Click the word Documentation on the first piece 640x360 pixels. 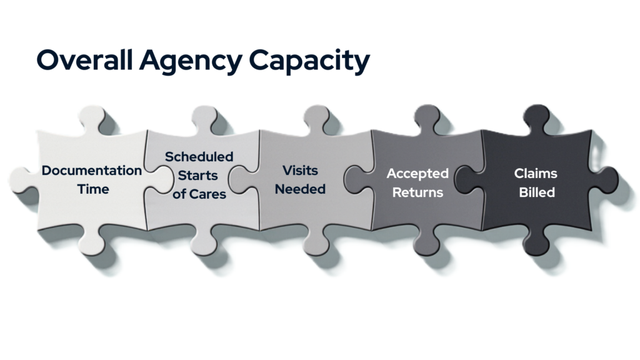[x=92, y=171]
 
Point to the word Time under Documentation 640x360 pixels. [x=92, y=188]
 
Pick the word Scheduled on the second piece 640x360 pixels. [x=199, y=156]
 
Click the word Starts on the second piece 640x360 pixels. [x=199, y=175]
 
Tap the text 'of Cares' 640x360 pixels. [x=199, y=194]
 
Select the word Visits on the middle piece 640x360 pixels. [x=300, y=170]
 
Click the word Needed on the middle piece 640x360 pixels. [x=300, y=188]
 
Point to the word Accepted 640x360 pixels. [x=417, y=173]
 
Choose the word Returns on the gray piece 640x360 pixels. [x=417, y=192]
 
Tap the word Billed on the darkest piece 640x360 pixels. [x=536, y=192]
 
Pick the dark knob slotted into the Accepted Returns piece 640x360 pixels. [x=469, y=179]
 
